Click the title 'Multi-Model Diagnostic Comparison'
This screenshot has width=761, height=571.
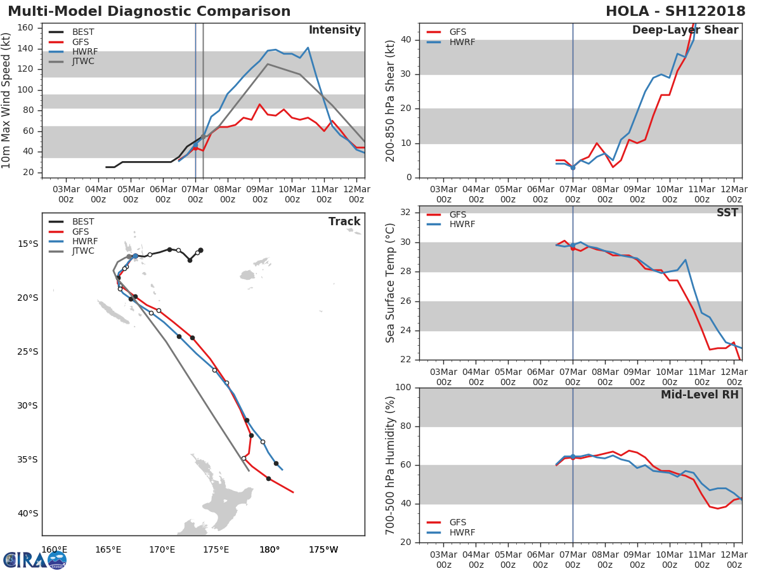click(149, 11)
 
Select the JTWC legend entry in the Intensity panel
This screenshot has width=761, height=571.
click(82, 62)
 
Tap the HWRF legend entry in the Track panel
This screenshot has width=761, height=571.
click(84, 241)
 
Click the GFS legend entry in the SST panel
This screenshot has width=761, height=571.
click(457, 214)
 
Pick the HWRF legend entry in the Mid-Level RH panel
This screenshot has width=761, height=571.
click(462, 532)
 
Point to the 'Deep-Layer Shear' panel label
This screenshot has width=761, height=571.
click(685, 30)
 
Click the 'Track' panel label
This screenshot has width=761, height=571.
click(344, 221)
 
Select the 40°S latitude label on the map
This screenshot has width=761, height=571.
click(28, 513)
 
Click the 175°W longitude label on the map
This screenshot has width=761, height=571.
click(323, 549)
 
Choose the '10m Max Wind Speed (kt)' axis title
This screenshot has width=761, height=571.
click(7, 100)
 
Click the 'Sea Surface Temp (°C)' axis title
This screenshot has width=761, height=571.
click(391, 283)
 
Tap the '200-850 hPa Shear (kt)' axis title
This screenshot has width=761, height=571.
click(391, 100)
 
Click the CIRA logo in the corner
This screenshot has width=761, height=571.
click(35, 560)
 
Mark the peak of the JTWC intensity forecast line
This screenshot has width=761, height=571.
click(268, 64)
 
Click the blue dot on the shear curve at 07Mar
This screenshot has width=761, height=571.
click(573, 167)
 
